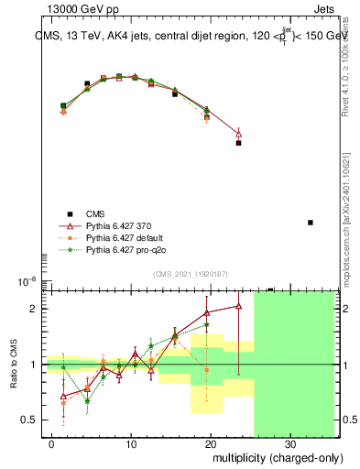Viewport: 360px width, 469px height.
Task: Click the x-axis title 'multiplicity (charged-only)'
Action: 265,455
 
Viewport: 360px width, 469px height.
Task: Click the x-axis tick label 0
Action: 52,442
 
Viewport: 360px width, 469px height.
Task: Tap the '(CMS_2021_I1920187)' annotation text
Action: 190,274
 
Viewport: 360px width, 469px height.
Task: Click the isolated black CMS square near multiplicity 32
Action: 311,223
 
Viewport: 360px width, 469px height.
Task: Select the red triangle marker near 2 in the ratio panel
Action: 239,306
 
